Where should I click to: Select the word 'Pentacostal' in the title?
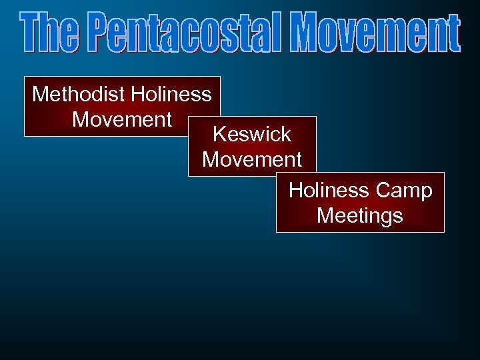coord(183,33)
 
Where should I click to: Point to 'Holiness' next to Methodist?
coord(171,94)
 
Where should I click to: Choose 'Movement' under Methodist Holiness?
coord(122,119)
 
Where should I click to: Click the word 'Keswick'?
coord(252,134)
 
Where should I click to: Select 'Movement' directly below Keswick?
coord(252,159)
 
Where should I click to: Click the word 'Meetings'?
coord(360,216)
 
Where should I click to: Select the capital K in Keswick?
coord(219,134)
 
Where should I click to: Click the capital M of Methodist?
coord(41,94)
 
